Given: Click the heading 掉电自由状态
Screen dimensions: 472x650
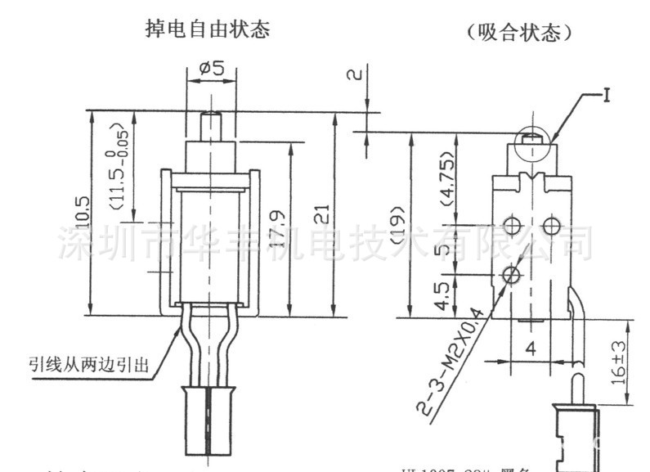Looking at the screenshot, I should (x=207, y=31).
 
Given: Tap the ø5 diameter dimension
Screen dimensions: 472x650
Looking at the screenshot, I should (x=210, y=69).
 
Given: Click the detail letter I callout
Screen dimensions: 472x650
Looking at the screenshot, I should (x=607, y=97).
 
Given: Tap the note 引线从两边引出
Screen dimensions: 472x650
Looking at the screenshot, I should (x=89, y=365).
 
